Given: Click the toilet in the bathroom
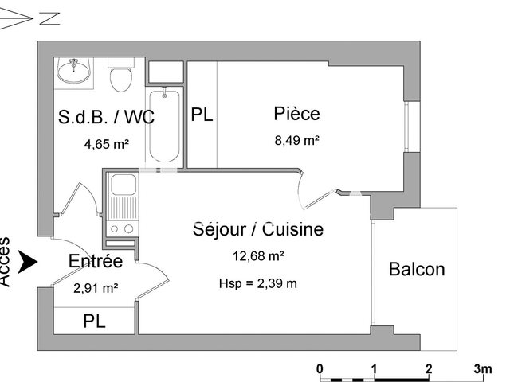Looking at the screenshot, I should [x=121, y=77].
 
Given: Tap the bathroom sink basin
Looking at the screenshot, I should [x=75, y=69].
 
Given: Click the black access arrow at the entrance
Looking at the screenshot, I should [x=29, y=260].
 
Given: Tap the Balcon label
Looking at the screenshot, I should [x=417, y=269].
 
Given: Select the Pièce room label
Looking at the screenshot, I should [x=296, y=114].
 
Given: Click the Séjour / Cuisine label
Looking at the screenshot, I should [x=258, y=230].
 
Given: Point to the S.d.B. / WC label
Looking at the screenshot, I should [x=106, y=118].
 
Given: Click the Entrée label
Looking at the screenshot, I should [x=95, y=261].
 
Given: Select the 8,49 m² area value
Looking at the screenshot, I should [x=296, y=140].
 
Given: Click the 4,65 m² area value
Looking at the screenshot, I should [x=106, y=144].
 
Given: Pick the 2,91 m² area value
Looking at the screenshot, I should [x=96, y=287].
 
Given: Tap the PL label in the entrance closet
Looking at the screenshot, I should [x=94, y=322].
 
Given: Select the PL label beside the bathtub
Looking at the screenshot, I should [x=202, y=115].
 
